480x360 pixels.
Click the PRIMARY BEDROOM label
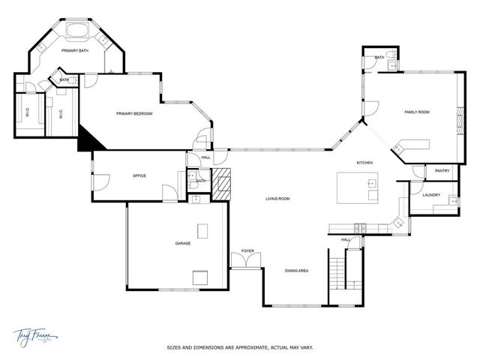[x=134, y=113]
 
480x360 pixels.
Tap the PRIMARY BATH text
[x=75, y=50]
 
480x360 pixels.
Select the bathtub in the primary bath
[x=77, y=31]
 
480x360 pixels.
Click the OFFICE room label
[x=139, y=175]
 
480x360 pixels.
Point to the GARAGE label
[x=183, y=243]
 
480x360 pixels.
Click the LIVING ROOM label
[x=277, y=199]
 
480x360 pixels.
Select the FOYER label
[x=247, y=250]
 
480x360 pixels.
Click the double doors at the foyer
[x=247, y=261]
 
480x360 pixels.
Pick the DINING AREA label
[x=296, y=270]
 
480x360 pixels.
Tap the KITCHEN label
[x=364, y=163]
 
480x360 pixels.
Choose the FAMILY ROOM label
[x=416, y=112]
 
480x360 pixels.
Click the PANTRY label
[x=442, y=171]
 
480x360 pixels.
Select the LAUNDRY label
[x=430, y=195]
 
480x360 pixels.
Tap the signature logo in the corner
[x=34, y=336]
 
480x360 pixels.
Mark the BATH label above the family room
[x=379, y=57]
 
